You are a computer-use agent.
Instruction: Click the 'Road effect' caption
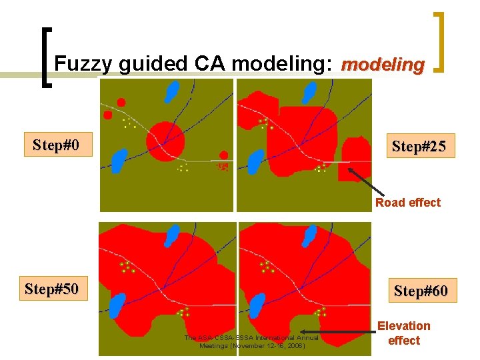tap(407, 203)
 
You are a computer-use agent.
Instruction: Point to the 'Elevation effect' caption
tap(404, 333)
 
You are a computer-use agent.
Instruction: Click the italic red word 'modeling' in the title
tap(382, 65)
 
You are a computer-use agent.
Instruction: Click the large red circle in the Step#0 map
tap(165, 140)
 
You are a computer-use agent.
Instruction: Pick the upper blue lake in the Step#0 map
tap(172, 91)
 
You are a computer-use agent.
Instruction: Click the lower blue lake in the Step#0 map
tap(119, 161)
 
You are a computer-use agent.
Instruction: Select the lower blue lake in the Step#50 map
tap(117, 305)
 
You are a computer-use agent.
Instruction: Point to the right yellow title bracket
tap(440, 41)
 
